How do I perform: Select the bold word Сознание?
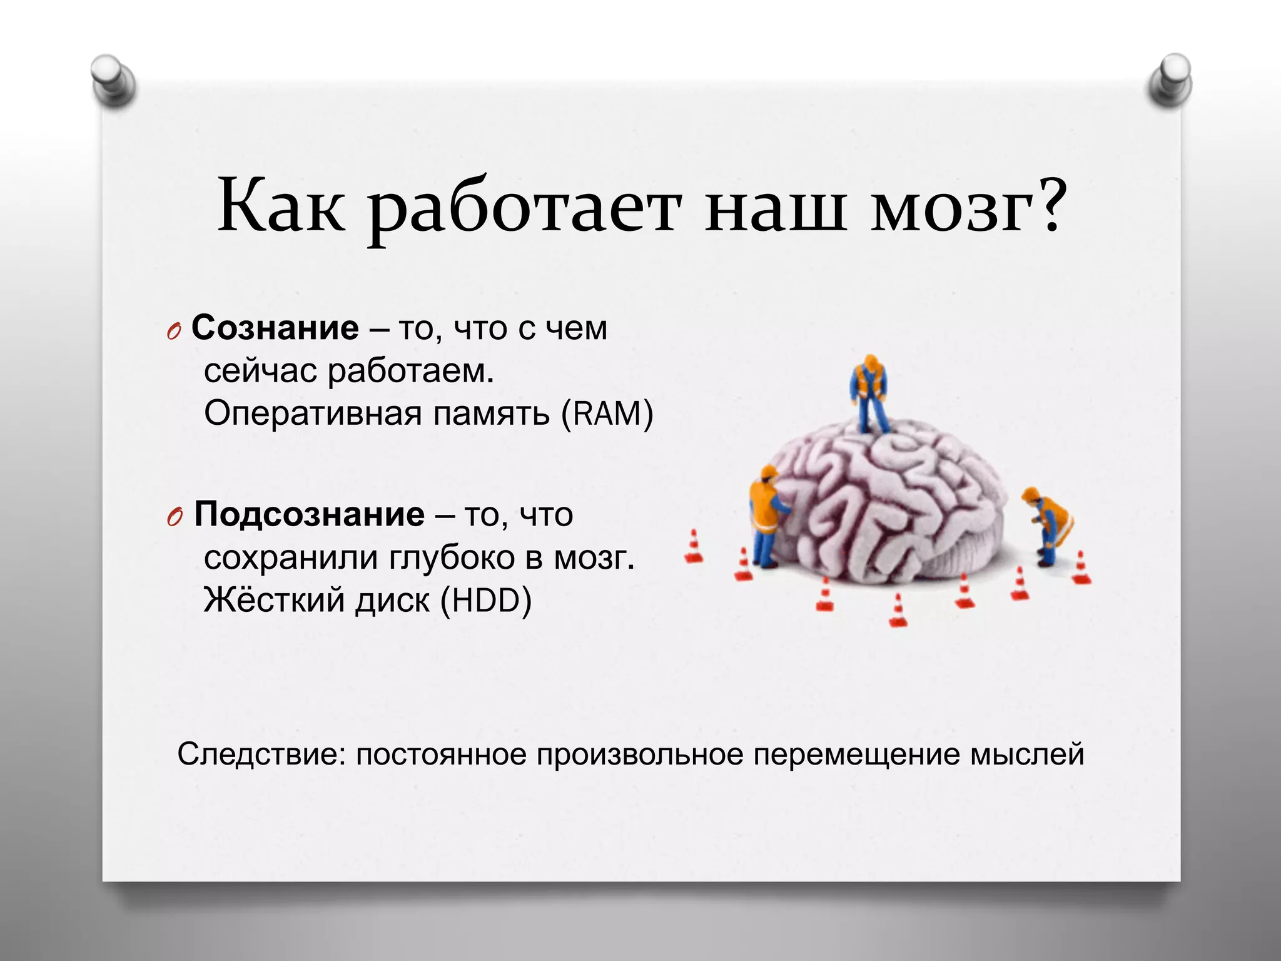[275, 328]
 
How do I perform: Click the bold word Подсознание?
[310, 514]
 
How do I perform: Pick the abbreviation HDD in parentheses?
[486, 600]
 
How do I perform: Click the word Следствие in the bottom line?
[261, 755]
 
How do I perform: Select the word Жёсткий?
[274, 599]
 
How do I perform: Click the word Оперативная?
[313, 414]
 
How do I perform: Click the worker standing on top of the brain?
[869, 393]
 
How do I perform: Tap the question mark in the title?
[1046, 203]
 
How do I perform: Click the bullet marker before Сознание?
[174, 332]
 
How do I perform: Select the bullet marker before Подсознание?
[175, 518]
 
